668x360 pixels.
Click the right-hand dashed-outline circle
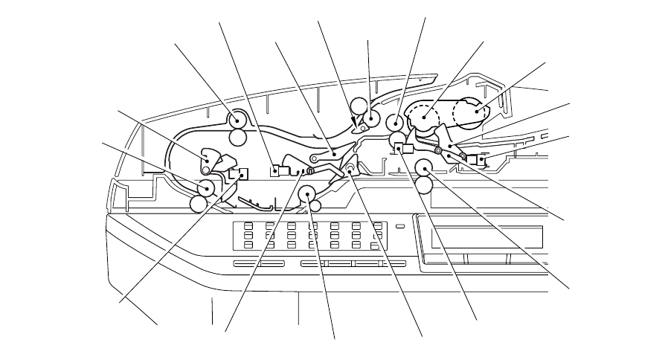point(471,112)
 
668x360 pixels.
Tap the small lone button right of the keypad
point(400,226)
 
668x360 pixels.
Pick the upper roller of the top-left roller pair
point(237,119)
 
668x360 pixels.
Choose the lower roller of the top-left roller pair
point(237,136)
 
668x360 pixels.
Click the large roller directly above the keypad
point(306,195)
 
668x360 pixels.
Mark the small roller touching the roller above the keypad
point(315,205)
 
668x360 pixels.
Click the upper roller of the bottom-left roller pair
point(206,187)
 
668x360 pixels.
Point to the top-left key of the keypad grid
point(249,226)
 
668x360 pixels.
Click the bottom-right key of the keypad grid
point(377,244)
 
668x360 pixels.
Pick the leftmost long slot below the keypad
point(255,263)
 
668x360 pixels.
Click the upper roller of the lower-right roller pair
point(424,165)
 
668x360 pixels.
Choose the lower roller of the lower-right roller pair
point(424,183)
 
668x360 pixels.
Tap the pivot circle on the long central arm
point(316,159)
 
